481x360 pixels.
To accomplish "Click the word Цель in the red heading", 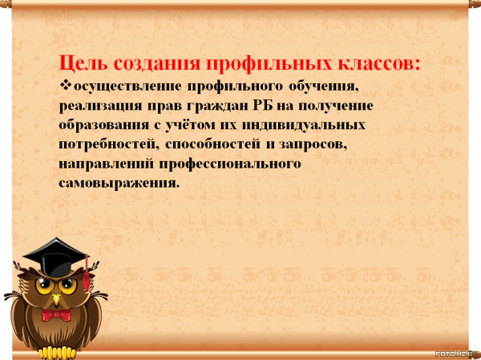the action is [83, 64].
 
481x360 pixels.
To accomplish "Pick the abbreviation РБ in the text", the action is [263, 106].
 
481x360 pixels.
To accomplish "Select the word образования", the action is [104, 125].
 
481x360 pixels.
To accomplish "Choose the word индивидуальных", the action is [303, 125].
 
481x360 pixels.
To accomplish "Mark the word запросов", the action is [313, 144].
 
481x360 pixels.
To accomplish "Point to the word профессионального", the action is [230, 164].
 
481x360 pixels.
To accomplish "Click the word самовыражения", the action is [119, 184].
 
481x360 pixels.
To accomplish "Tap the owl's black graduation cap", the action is [55, 257].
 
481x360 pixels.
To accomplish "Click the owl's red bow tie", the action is [56, 315].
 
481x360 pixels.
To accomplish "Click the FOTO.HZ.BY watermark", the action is [458, 354].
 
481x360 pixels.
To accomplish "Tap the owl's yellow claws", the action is [59, 353].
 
